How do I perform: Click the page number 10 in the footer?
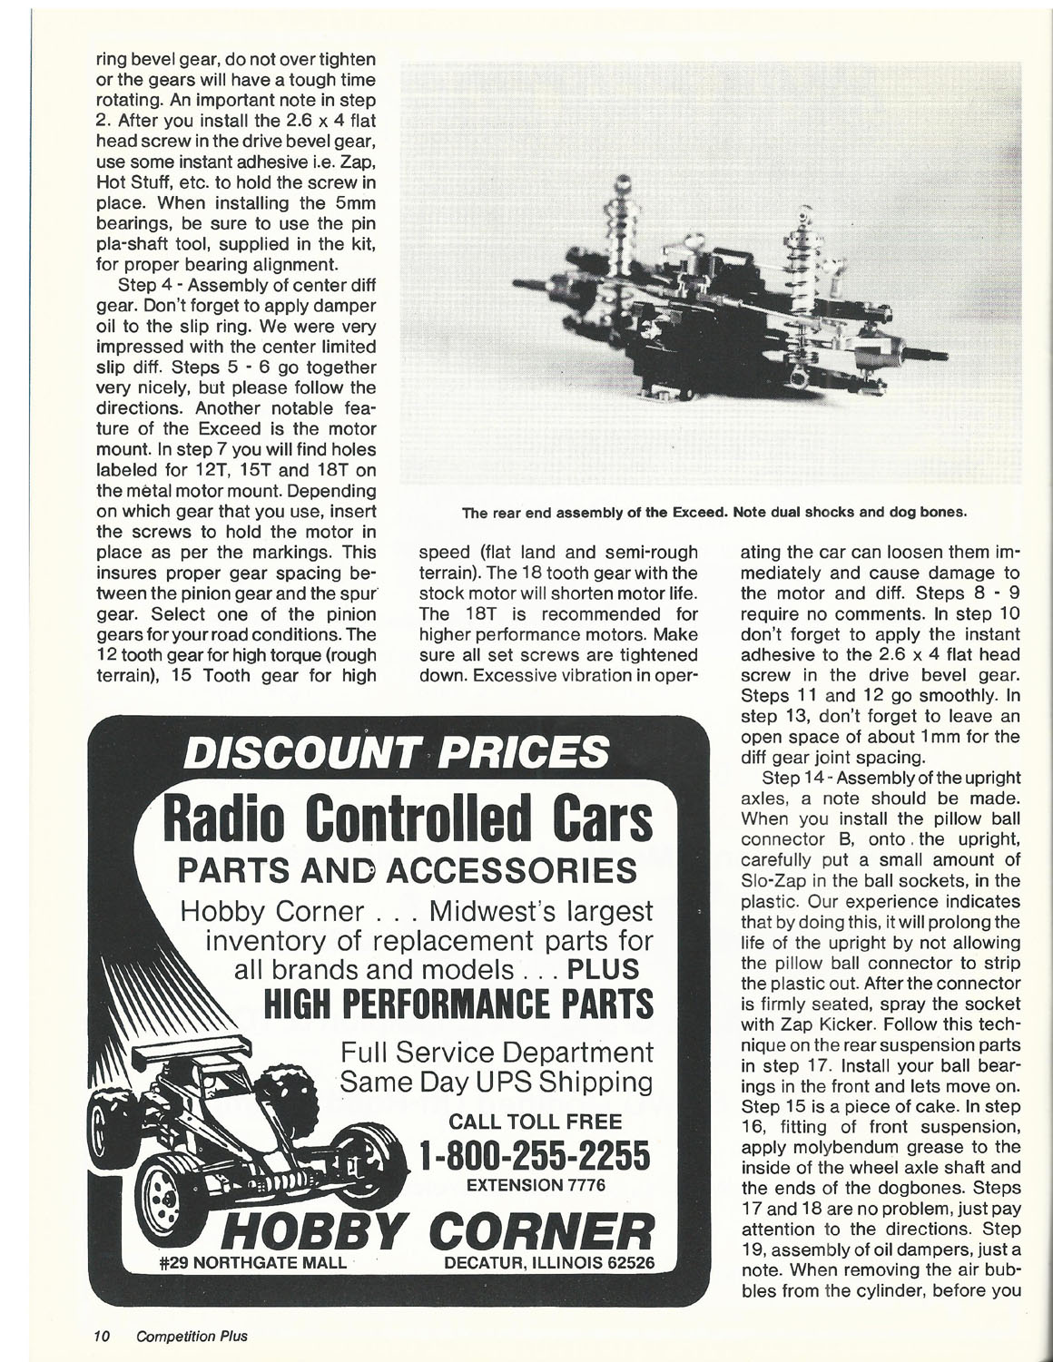[x=100, y=1336]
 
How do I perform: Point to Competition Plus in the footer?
[x=192, y=1336]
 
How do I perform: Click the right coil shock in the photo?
[x=802, y=263]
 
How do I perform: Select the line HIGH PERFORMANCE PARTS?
[x=457, y=1004]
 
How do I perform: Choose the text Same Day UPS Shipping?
[x=496, y=1083]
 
